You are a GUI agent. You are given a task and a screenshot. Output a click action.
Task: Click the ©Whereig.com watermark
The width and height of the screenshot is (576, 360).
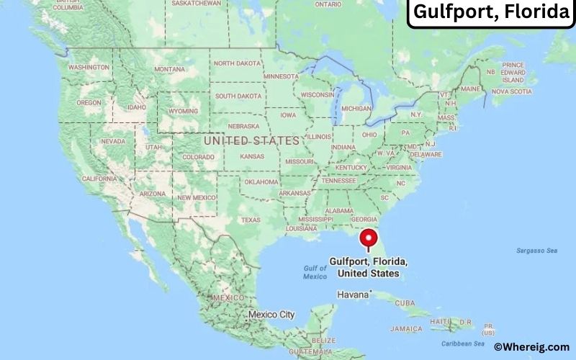coord(531,346)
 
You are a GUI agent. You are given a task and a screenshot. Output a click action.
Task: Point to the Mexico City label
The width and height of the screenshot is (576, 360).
coord(271,315)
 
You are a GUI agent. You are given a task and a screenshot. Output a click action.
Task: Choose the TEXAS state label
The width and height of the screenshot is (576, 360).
coord(251,220)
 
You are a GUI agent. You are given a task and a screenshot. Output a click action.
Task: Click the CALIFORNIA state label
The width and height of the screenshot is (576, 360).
coord(99,178)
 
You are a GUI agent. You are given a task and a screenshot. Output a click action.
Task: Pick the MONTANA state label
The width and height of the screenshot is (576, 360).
coord(170,69)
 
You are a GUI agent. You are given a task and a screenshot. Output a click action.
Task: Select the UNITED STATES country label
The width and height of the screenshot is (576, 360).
coord(251,140)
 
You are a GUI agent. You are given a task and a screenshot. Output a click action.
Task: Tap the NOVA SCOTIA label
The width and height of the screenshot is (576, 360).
coord(511,91)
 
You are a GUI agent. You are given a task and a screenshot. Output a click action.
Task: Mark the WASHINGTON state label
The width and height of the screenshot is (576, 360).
coord(89,67)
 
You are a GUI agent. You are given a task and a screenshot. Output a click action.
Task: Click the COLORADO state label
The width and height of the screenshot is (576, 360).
coord(198,156)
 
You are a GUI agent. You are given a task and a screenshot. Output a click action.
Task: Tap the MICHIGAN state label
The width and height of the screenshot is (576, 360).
coord(356,108)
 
